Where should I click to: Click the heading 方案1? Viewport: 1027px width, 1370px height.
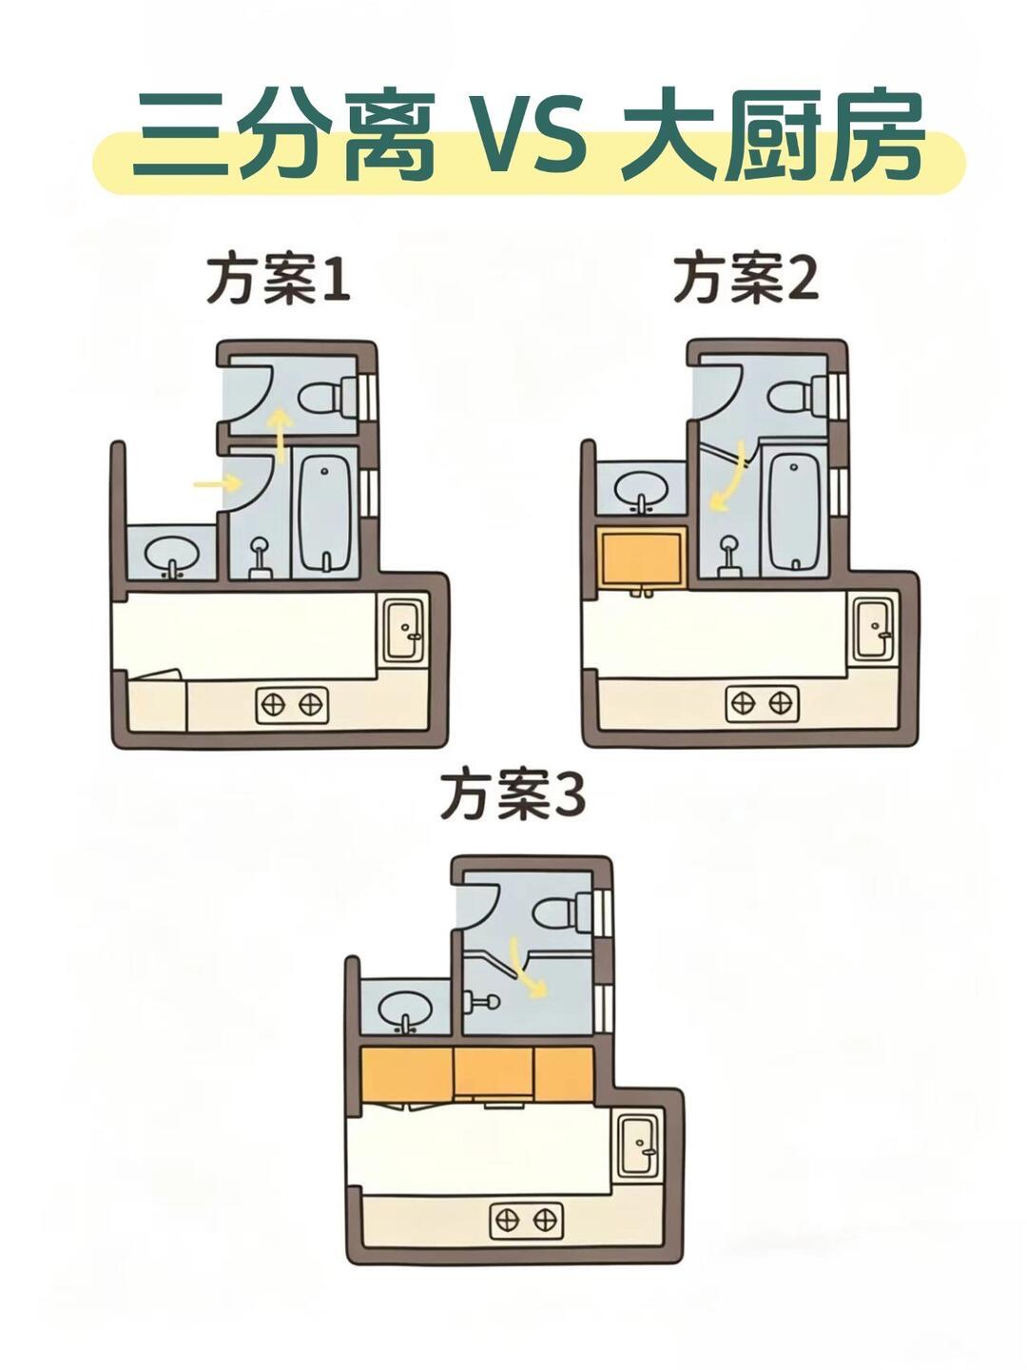278,279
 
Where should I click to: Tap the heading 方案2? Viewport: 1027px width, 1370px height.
746,279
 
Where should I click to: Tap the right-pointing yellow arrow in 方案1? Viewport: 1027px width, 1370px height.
218,484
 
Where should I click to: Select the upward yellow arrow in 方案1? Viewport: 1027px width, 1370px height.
279,433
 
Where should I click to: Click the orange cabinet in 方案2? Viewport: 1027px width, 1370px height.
642,559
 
